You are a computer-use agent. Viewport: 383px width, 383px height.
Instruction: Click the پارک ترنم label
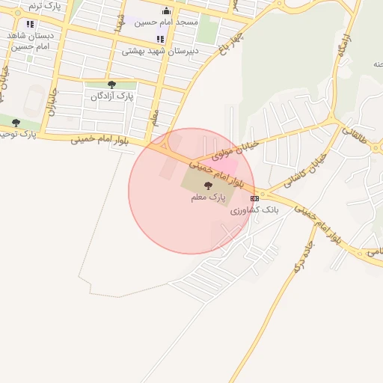(44, 5)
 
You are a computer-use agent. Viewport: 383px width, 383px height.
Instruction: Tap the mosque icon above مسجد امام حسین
(166, 11)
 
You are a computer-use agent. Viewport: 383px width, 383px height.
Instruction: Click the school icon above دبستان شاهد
(30, 24)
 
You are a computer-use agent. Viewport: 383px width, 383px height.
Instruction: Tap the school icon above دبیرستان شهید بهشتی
(160, 39)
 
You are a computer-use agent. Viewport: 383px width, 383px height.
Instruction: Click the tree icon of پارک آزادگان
(112, 85)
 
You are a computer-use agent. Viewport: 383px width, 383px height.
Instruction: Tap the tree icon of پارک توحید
(16, 123)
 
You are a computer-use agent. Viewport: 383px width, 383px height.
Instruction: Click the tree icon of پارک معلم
(207, 185)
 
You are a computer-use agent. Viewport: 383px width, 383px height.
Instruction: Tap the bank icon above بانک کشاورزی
(255, 198)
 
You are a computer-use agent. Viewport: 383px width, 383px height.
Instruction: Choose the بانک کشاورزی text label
(254, 210)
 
